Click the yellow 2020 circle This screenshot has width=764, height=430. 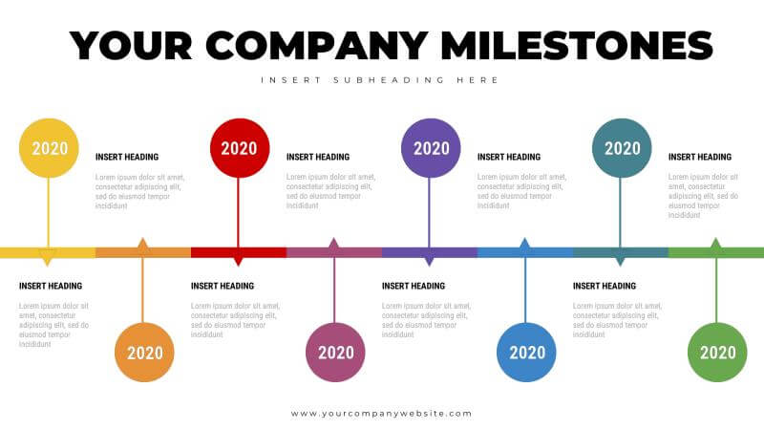pyautogui.click(x=49, y=148)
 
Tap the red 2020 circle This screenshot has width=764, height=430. pyautogui.click(x=240, y=148)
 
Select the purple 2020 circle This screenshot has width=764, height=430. pyautogui.click(x=431, y=148)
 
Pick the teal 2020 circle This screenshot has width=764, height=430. pyautogui.click(x=622, y=148)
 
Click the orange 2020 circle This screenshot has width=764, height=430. pyautogui.click(x=144, y=352)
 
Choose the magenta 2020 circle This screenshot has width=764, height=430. pyautogui.click(x=335, y=352)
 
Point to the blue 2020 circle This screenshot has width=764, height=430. pyautogui.click(x=526, y=352)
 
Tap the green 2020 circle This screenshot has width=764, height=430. pyautogui.click(x=717, y=352)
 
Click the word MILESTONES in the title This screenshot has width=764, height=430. pyautogui.click(x=577, y=46)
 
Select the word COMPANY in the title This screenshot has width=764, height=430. pyautogui.click(x=317, y=46)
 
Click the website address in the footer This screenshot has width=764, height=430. pyautogui.click(x=381, y=414)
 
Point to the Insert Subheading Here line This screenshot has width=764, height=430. pyautogui.click(x=379, y=80)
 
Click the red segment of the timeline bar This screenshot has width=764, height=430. pyautogui.click(x=239, y=252)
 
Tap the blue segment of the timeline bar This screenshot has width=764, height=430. pyautogui.click(x=525, y=252)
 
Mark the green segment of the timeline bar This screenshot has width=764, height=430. pyautogui.click(x=716, y=252)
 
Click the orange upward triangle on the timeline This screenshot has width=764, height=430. pyautogui.click(x=142, y=244)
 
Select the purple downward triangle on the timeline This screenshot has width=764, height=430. pyautogui.click(x=429, y=261)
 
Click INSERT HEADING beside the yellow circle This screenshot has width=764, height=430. pyautogui.click(x=127, y=157)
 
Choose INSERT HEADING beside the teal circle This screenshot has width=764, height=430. pyautogui.click(x=700, y=157)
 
